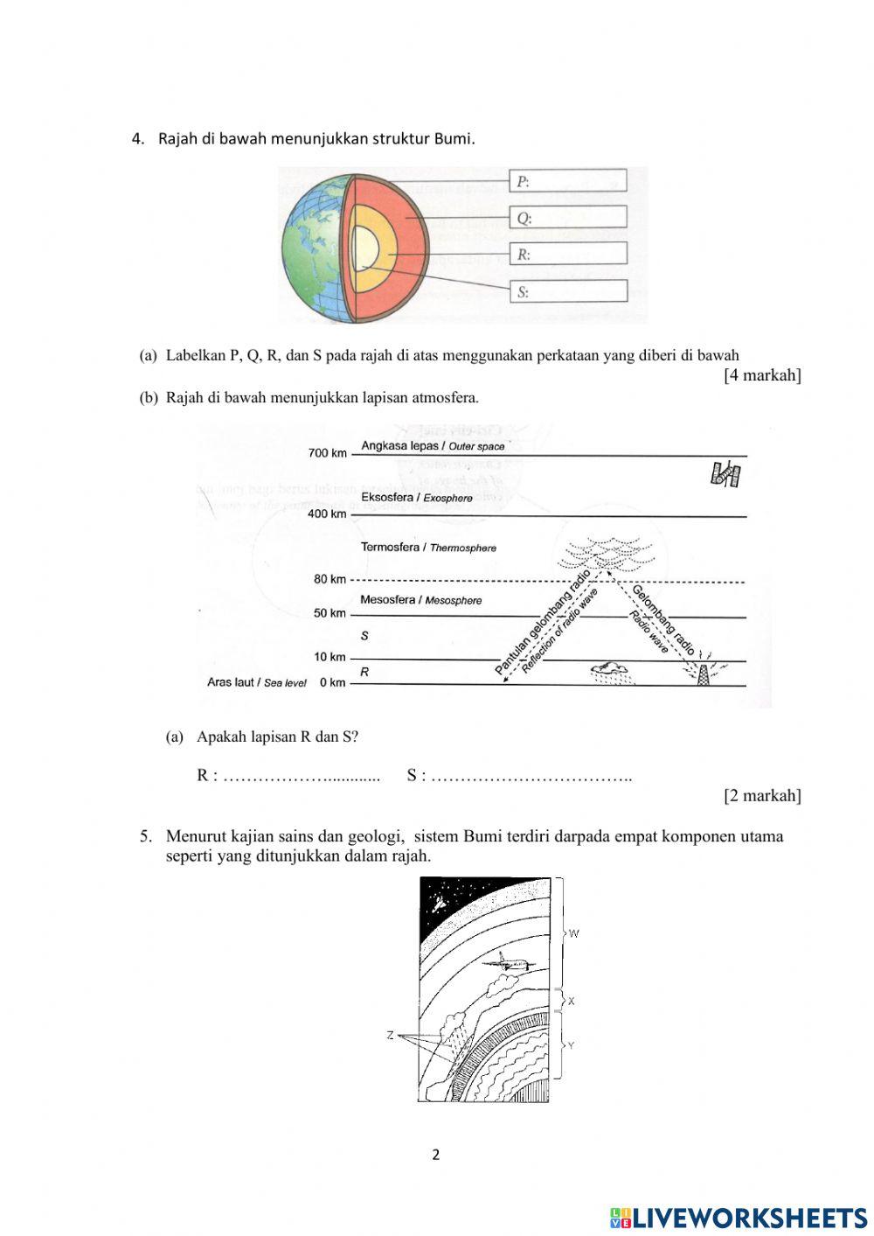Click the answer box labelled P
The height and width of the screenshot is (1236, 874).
tap(568, 181)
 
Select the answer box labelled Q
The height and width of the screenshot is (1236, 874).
tap(568, 218)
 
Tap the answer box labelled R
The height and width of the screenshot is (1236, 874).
tap(568, 255)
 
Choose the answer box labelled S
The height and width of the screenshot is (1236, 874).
tap(568, 291)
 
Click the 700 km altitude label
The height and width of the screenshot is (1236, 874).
tap(328, 453)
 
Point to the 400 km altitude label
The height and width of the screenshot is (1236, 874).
tap(328, 513)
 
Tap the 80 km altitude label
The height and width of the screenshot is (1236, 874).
tap(330, 579)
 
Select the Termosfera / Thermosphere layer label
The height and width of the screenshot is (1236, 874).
tap(428, 548)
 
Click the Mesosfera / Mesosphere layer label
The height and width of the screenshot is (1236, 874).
tap(420, 600)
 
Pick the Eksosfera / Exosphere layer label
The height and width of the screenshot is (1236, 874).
tap(416, 498)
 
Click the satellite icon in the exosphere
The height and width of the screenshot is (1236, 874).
tap(725, 474)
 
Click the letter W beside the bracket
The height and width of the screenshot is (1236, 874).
tap(574, 933)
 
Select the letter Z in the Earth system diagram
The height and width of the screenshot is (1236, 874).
tap(391, 1036)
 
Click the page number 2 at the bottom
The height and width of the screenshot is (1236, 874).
tap(436, 1155)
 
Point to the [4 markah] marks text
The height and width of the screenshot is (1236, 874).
tap(762, 375)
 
